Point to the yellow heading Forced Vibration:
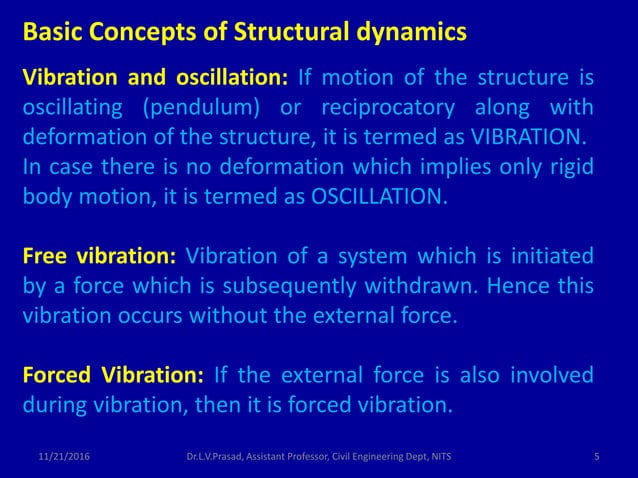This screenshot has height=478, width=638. (113, 376)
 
